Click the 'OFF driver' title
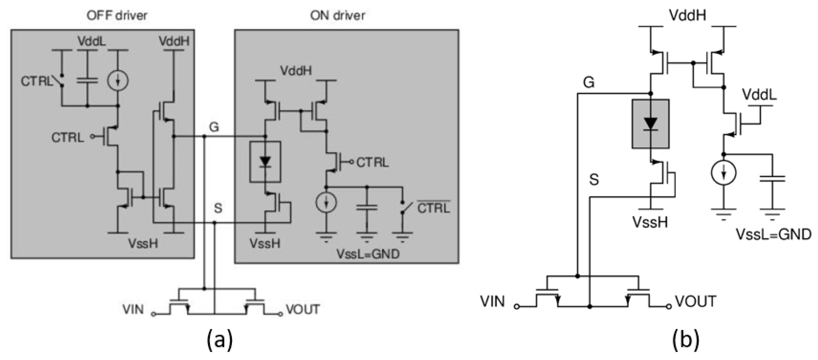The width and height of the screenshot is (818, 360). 117,15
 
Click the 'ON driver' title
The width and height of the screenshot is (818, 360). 337,15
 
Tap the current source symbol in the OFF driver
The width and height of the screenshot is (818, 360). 118,81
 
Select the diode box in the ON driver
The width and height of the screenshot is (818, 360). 265,162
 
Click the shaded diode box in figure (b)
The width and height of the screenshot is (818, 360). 651,124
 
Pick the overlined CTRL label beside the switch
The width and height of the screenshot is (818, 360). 433,208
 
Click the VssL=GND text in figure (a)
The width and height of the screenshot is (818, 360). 368,254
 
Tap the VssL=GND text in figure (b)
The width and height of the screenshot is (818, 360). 773,235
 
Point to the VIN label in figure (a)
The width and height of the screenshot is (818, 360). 133,309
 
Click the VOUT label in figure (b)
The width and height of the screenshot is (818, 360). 696,302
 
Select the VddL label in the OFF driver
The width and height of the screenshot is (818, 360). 92,41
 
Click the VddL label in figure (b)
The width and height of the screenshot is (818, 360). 759,95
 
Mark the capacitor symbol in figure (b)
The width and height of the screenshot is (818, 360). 772,178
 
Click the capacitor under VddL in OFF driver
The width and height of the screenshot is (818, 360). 87,81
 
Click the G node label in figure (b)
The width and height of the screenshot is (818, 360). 589,83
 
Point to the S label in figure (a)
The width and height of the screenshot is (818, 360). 218,208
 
